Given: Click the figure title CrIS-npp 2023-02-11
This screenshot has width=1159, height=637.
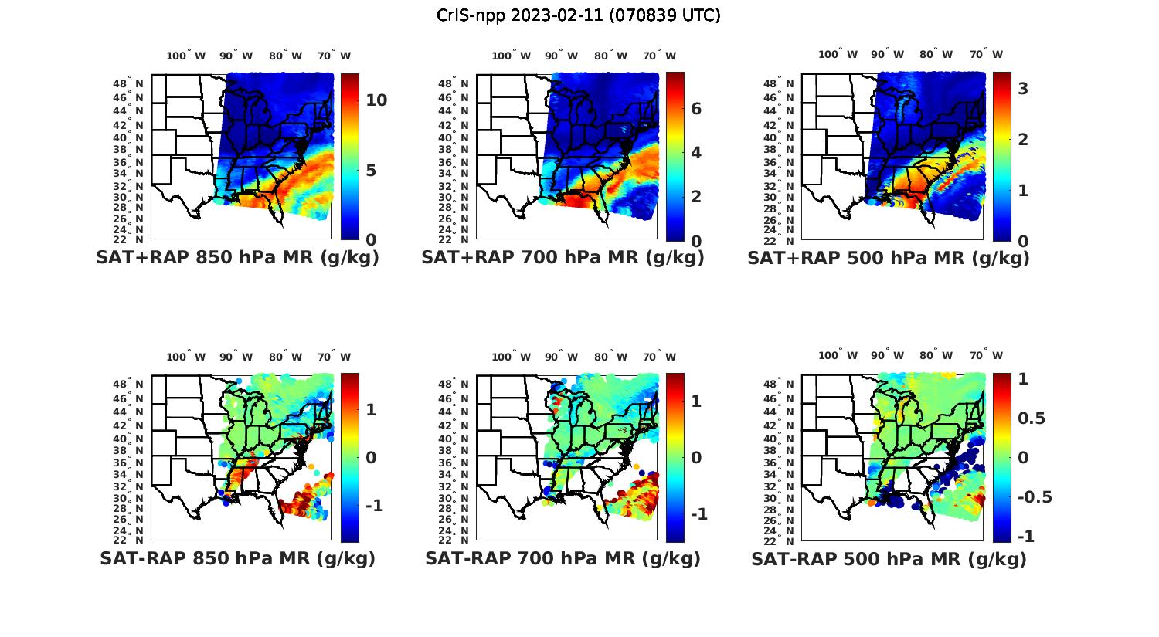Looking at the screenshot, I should coord(578,15).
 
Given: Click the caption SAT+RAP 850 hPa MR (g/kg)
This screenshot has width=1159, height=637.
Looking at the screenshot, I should coord(237,258).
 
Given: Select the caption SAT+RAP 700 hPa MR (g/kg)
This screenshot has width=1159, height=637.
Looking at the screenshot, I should coord(563,258).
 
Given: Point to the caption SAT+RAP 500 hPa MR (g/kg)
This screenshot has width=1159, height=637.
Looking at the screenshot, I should coord(889,258).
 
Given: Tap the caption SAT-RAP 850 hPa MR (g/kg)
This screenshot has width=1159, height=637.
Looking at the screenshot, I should coord(237,558).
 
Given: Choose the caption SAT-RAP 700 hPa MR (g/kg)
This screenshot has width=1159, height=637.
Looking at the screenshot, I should coord(563,558).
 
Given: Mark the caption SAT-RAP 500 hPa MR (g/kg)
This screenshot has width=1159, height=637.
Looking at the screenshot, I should coord(889,558).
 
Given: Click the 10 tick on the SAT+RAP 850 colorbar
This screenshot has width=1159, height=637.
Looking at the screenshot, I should coord(376,100).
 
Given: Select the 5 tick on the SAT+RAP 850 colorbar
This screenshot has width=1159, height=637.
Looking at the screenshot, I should coord(371,170).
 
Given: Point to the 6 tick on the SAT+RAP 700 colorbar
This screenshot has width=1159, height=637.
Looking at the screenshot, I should coord(696,109).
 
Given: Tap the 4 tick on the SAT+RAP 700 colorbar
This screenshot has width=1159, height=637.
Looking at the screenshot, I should coord(696,152).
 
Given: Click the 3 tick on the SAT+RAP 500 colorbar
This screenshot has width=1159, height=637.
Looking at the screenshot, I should coord(1023,89).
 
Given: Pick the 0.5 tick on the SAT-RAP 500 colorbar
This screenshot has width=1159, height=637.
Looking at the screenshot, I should coord(1032,418).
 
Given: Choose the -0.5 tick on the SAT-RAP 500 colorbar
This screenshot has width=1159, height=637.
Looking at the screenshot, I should coord(1035,496).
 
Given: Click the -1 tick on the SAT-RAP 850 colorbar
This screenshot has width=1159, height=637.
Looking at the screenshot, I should coord(374,505).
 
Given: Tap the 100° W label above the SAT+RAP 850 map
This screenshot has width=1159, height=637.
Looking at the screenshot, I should coord(185,56).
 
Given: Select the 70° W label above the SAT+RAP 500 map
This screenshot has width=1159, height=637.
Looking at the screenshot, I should coord(986,54).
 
